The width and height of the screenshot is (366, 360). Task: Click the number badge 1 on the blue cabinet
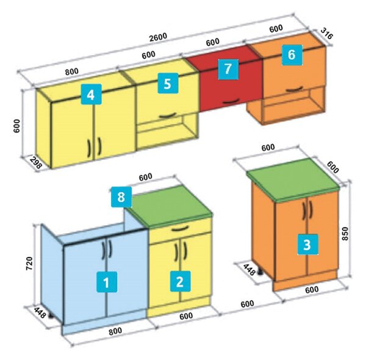click(x=107, y=282)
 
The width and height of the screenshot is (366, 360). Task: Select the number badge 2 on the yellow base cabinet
click(x=180, y=281)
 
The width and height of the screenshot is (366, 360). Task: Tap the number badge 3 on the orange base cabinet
click(x=307, y=245)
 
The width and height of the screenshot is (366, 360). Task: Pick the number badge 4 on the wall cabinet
click(x=91, y=94)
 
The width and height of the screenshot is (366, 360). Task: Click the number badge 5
click(x=168, y=84)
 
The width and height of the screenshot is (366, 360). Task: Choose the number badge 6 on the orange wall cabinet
click(x=292, y=55)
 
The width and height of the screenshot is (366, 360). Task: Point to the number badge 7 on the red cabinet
click(x=228, y=70)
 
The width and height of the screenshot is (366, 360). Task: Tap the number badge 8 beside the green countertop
click(x=121, y=197)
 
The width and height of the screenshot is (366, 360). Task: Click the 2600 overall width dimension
click(x=158, y=37)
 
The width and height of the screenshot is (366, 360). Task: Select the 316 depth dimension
click(x=326, y=33)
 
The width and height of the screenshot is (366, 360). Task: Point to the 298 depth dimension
click(x=36, y=162)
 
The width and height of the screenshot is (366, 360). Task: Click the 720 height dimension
click(x=29, y=264)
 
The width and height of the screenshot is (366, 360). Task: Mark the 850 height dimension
click(x=345, y=234)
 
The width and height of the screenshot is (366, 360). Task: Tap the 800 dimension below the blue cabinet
click(x=115, y=331)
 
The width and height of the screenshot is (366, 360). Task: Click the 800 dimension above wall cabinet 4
click(x=71, y=71)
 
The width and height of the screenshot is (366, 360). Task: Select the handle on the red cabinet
click(x=231, y=101)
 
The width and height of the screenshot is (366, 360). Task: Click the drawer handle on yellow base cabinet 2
click(x=180, y=228)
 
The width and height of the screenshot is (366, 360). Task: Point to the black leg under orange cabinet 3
click(x=260, y=272)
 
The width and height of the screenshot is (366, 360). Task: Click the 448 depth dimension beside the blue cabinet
click(x=40, y=313)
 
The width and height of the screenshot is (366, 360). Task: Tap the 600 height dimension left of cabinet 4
click(x=17, y=126)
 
